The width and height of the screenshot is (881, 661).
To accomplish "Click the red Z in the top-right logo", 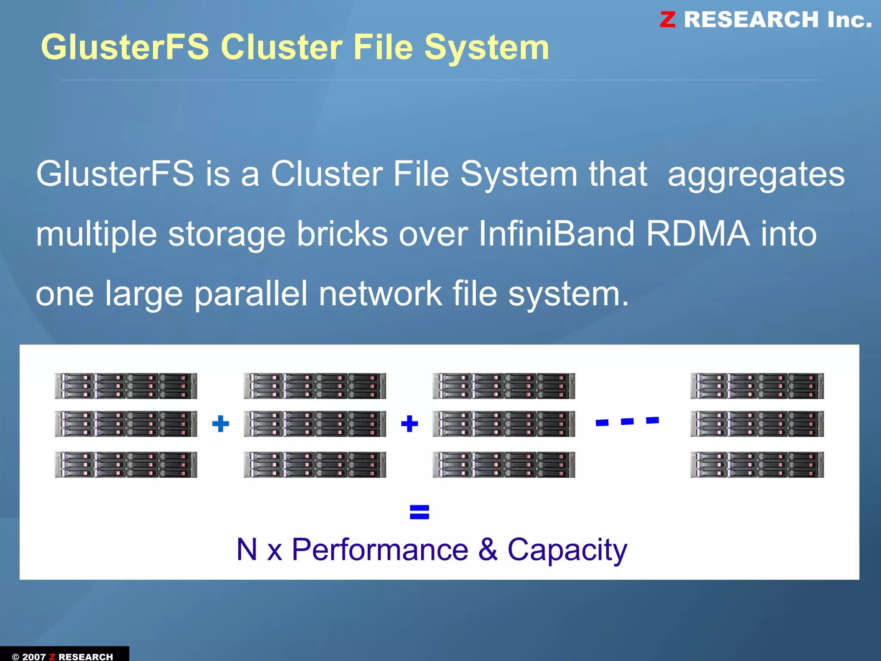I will [x=668, y=20].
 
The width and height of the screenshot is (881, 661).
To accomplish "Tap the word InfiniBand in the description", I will [x=556, y=234].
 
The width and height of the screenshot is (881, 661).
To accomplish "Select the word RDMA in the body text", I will [x=698, y=234].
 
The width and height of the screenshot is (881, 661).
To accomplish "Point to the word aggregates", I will [x=756, y=175].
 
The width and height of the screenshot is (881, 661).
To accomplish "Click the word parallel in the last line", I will [x=251, y=294].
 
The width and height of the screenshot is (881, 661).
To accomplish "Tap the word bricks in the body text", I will [x=342, y=234].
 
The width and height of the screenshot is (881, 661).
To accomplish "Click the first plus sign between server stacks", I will [x=221, y=424].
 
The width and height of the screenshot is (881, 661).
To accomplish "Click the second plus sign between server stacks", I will [x=409, y=424].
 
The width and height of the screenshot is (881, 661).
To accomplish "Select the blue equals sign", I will [x=419, y=512].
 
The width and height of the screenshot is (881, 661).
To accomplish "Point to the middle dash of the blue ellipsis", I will [x=627, y=421].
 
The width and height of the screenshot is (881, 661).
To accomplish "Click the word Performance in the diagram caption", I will [x=380, y=550].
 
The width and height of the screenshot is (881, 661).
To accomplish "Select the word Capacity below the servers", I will [x=567, y=550].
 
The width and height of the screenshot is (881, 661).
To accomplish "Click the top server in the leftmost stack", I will [x=126, y=386].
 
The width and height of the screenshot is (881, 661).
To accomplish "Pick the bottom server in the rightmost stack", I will [x=757, y=464].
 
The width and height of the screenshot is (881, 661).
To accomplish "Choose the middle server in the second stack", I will [x=314, y=424].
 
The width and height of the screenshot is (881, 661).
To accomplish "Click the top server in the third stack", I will [x=504, y=386].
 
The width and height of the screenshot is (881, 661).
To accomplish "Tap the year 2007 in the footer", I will [x=34, y=656].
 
